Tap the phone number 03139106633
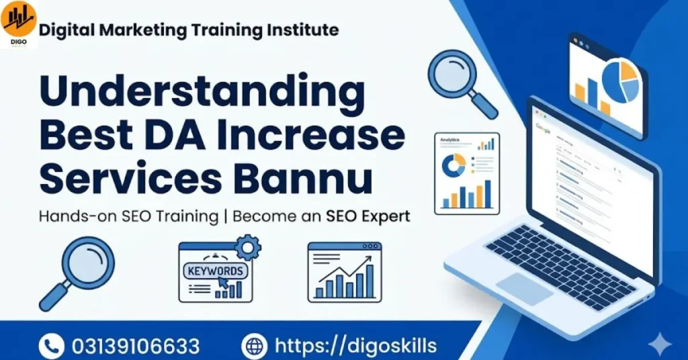coord(136,346)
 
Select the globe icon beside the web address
coord(255,346)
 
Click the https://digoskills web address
coord(356,346)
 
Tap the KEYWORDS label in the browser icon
coord(215,271)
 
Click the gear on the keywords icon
coord(249,248)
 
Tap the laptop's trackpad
coord(525,289)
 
